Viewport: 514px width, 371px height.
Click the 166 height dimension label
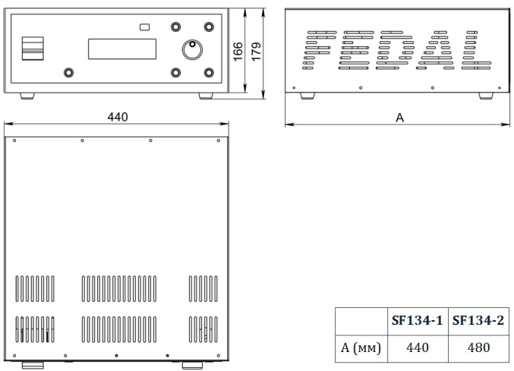[238, 51]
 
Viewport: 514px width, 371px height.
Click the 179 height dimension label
[256, 51]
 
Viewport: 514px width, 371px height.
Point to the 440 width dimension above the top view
[118, 117]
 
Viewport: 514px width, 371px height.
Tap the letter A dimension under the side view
[399, 118]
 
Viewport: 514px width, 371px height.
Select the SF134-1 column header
[418, 320]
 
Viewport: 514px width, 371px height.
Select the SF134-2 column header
[478, 320]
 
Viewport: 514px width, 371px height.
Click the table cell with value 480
[478, 347]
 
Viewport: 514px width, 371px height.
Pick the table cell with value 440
[418, 347]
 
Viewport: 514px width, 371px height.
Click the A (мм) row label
[361, 347]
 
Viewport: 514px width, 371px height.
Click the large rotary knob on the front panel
[192, 49]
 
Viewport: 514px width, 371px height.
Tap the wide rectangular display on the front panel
[122, 49]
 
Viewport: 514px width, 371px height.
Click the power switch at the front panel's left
[33, 49]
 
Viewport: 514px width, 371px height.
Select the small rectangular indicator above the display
[144, 27]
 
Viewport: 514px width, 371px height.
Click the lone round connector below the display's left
[68, 72]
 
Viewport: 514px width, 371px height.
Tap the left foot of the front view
[27, 96]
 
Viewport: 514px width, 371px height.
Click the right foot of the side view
[486, 96]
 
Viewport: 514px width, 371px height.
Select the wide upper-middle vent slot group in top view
[119, 288]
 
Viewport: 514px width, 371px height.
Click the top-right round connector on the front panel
[209, 27]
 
